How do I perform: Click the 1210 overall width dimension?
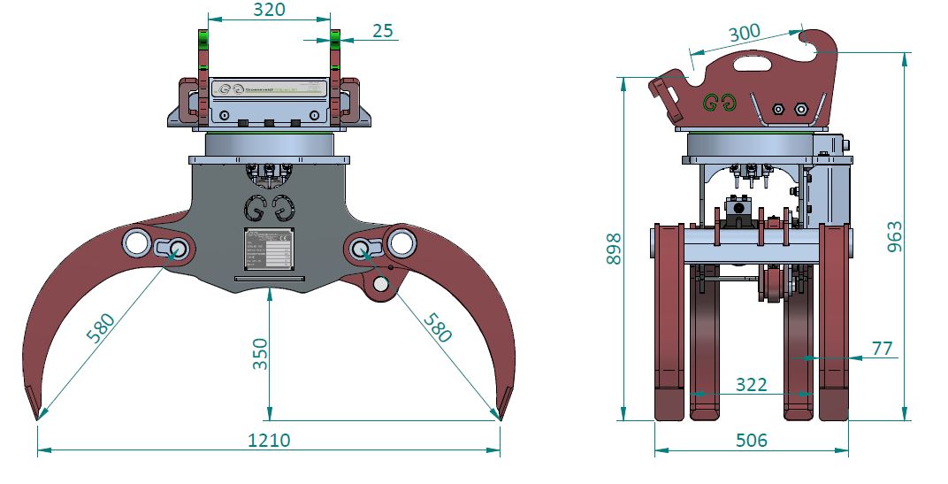pyautogui.click(x=270, y=439)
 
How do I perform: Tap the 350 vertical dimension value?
pyautogui.click(x=257, y=354)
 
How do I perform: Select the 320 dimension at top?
pyautogui.click(x=269, y=10)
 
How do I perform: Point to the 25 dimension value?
pyautogui.click(x=381, y=30)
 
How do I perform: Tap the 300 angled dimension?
pyautogui.click(x=745, y=34)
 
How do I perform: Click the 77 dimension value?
pyautogui.click(x=882, y=349)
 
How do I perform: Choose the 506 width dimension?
pyautogui.click(x=752, y=440)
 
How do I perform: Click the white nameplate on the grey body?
pyautogui.click(x=267, y=249)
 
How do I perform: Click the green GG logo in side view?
pyautogui.click(x=719, y=102)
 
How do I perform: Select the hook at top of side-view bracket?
pyautogui.click(x=817, y=40)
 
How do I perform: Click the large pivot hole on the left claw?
pyautogui.click(x=137, y=242)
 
